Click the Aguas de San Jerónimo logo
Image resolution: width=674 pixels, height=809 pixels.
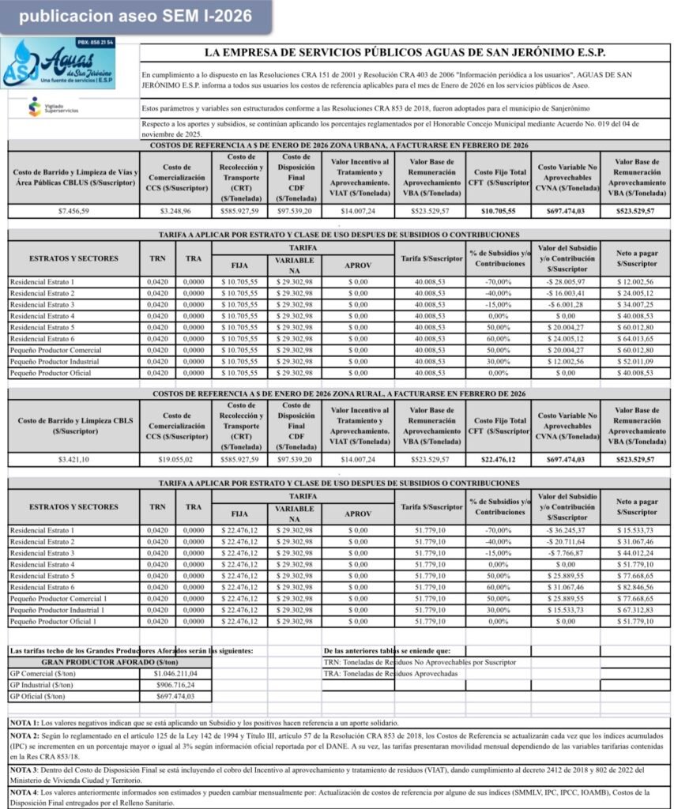pos(58,65)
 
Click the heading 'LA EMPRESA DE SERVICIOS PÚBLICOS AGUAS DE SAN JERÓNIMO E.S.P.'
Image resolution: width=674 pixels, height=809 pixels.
pos(405,53)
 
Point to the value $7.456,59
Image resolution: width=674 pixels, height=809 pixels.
pos(73,212)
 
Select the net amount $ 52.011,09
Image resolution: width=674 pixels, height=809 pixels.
pos(636,360)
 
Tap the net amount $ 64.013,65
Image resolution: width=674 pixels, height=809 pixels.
pos(636,337)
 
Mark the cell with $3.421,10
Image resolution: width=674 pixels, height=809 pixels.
pos(73,459)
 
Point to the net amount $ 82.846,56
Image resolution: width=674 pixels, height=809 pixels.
pos(636,587)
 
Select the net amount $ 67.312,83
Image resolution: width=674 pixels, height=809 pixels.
pos(636,610)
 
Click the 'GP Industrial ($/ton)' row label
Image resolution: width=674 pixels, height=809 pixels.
pos(40,685)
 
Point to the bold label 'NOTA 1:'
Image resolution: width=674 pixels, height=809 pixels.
pos(24,723)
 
